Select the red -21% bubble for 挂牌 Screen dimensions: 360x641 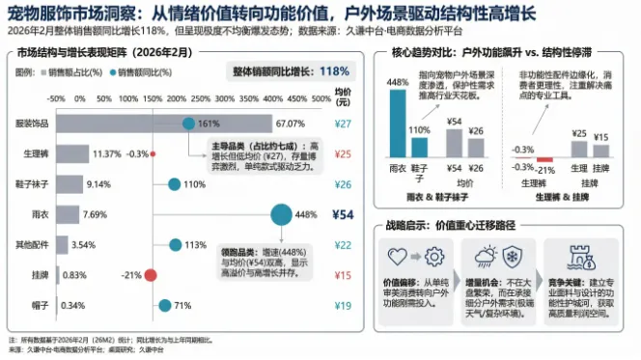pos(153,275)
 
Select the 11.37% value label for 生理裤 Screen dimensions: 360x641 pos(106,153)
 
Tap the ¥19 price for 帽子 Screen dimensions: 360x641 pos(343,306)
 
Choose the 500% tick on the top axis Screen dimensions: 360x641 pos(314,97)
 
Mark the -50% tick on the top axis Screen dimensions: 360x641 pos(56,97)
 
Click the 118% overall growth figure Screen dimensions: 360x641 pos(333,71)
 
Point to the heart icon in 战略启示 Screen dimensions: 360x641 pos(396,257)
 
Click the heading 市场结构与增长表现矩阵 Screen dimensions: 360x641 pos(83,52)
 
